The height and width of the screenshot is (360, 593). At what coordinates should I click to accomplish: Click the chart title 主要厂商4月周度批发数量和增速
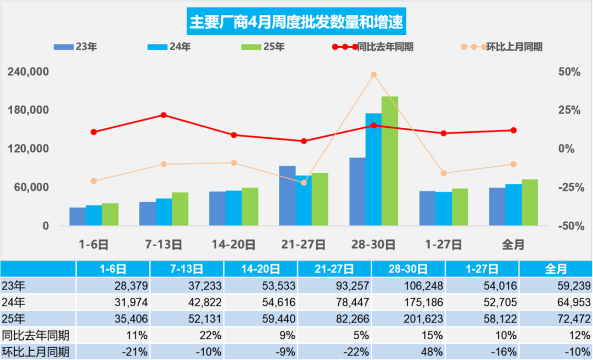296,22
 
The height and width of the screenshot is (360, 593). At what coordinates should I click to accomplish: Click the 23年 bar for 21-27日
287,195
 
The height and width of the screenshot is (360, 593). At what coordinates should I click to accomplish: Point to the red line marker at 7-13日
164,115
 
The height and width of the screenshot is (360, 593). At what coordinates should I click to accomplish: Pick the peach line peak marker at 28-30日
373,75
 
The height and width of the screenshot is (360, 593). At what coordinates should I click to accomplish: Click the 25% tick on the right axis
569,110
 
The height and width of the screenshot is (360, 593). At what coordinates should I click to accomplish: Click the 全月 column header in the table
556,269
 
